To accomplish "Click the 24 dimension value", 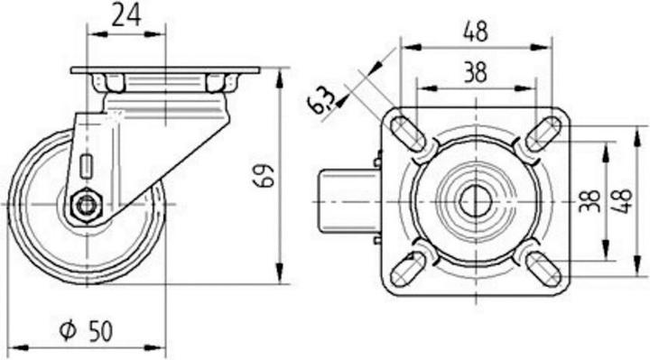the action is [x=127, y=15].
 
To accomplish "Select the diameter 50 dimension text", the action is [x=86, y=331].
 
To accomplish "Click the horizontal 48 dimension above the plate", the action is [x=476, y=32].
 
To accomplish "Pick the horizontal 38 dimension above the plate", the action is [x=475, y=71].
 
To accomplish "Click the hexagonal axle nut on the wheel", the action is [x=87, y=204].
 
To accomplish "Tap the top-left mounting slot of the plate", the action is [x=408, y=134].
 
